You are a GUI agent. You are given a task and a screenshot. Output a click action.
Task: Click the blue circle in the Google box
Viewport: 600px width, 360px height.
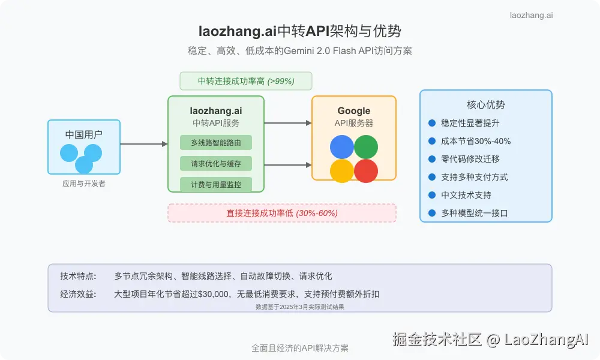(x=342, y=147)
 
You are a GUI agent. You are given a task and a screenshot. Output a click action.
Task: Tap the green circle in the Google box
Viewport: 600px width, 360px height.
(x=366, y=147)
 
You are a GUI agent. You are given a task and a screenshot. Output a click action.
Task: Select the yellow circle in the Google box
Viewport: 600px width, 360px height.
(x=342, y=171)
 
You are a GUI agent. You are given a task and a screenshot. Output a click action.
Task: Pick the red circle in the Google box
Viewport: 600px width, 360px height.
(x=366, y=171)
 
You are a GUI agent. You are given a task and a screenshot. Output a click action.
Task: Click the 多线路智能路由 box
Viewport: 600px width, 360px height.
(x=216, y=143)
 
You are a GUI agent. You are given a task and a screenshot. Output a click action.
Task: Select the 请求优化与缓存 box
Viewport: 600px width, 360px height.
(x=216, y=164)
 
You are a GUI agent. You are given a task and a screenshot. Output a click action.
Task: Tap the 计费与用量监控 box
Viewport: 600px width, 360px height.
(x=216, y=185)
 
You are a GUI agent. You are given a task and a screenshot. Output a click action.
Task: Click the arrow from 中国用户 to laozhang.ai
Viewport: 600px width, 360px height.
(x=144, y=144)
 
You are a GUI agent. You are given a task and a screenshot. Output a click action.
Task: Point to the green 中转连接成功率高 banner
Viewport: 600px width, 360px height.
(x=246, y=81)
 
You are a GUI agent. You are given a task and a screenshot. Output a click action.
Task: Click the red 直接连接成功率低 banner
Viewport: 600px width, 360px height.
(x=282, y=213)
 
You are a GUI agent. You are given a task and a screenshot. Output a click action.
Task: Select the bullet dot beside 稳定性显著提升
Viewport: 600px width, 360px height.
(x=432, y=123)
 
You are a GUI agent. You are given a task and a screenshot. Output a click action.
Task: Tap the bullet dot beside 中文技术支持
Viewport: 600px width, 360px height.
(x=432, y=195)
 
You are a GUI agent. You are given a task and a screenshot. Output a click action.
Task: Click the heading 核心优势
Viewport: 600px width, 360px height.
(x=486, y=104)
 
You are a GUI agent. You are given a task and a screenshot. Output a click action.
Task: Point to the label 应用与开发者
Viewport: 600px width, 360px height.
(x=84, y=184)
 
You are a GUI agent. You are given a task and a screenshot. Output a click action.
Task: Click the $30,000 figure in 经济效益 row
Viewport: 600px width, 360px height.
(x=215, y=294)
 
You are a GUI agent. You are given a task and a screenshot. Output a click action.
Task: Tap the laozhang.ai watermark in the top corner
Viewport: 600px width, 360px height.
(x=531, y=15)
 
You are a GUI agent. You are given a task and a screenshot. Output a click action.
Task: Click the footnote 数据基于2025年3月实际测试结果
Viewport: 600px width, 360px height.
(x=300, y=306)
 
